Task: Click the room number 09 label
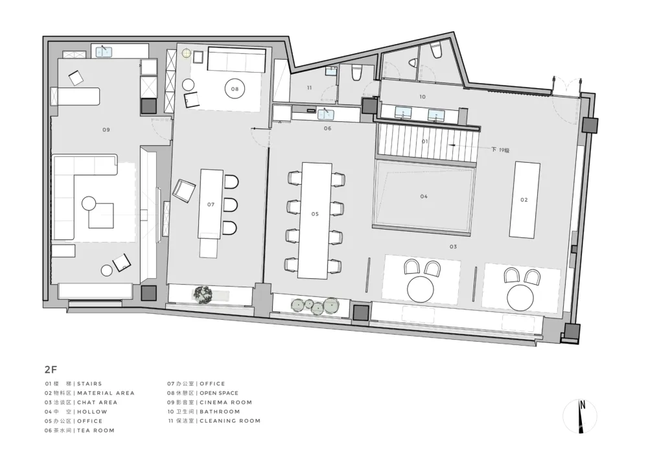tap(106, 130)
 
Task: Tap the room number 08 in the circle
tap(235, 89)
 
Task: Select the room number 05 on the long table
tap(315, 214)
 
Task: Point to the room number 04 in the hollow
tap(424, 196)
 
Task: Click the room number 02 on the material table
tap(524, 200)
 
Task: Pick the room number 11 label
tap(310, 88)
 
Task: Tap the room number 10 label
tap(422, 97)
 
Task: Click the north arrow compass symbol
tap(580, 416)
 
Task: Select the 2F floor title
tap(51, 369)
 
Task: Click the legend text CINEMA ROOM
tap(226, 402)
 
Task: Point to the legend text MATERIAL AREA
tap(106, 393)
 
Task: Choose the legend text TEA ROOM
tap(96, 431)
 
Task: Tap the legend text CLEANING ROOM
tap(230, 421)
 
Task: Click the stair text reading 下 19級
tap(500, 150)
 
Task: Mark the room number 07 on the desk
tap(211, 204)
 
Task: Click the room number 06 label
tap(327, 128)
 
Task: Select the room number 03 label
tap(454, 247)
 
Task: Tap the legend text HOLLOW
tap(92, 412)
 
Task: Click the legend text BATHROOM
tap(220, 412)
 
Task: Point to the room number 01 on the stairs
tap(425, 141)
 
